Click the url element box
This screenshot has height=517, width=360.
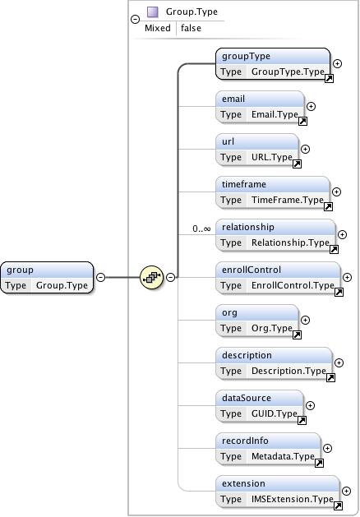[257, 149]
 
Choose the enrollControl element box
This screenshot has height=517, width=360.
[278, 277]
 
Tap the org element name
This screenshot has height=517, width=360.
[230, 313]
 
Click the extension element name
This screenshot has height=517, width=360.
[243, 483]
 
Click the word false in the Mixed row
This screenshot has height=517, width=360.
[192, 28]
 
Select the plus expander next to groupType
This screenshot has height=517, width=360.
[337, 63]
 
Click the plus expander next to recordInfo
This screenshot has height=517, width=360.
[327, 448]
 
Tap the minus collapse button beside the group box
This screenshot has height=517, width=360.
[100, 277]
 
